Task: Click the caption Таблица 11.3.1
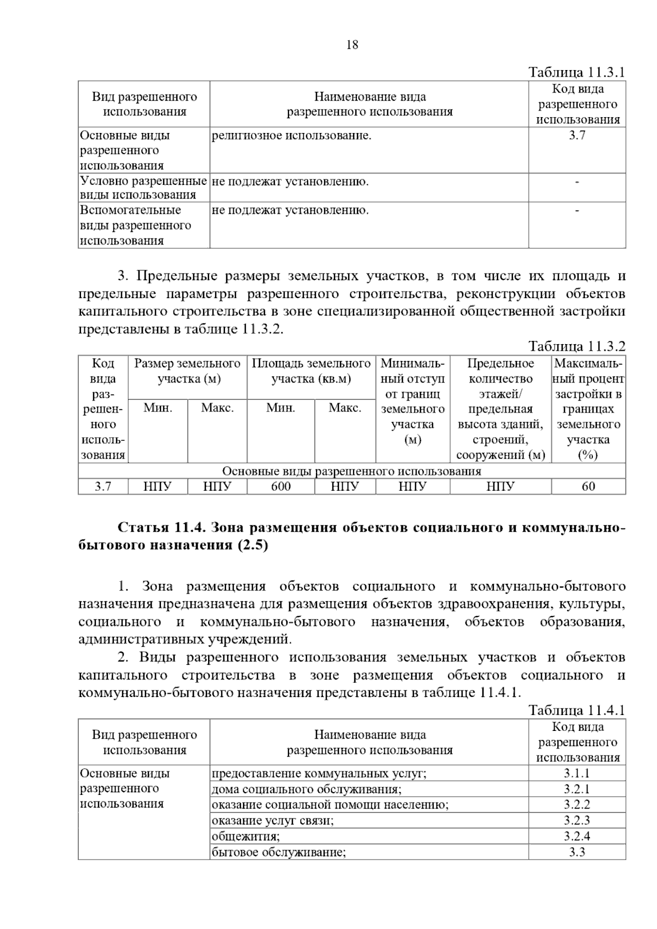pyautogui.click(x=576, y=73)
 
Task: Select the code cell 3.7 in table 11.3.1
pyautogui.click(x=577, y=136)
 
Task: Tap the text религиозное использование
pyautogui.click(x=291, y=136)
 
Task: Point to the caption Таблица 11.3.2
pyautogui.click(x=576, y=346)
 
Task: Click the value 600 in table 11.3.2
pyautogui.click(x=281, y=486)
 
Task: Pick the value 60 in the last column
pyautogui.click(x=588, y=486)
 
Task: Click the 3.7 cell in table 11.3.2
pyautogui.click(x=103, y=486)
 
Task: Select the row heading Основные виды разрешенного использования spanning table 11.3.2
pyautogui.click(x=351, y=471)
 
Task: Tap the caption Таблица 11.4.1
pyautogui.click(x=576, y=711)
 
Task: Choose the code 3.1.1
pyautogui.click(x=577, y=774)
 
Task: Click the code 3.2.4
pyautogui.click(x=577, y=836)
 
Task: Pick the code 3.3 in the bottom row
pyautogui.click(x=577, y=852)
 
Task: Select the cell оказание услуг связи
pyautogui.click(x=273, y=821)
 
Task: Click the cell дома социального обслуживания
pyautogui.click(x=307, y=789)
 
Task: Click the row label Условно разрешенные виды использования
pyautogui.click(x=143, y=188)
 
